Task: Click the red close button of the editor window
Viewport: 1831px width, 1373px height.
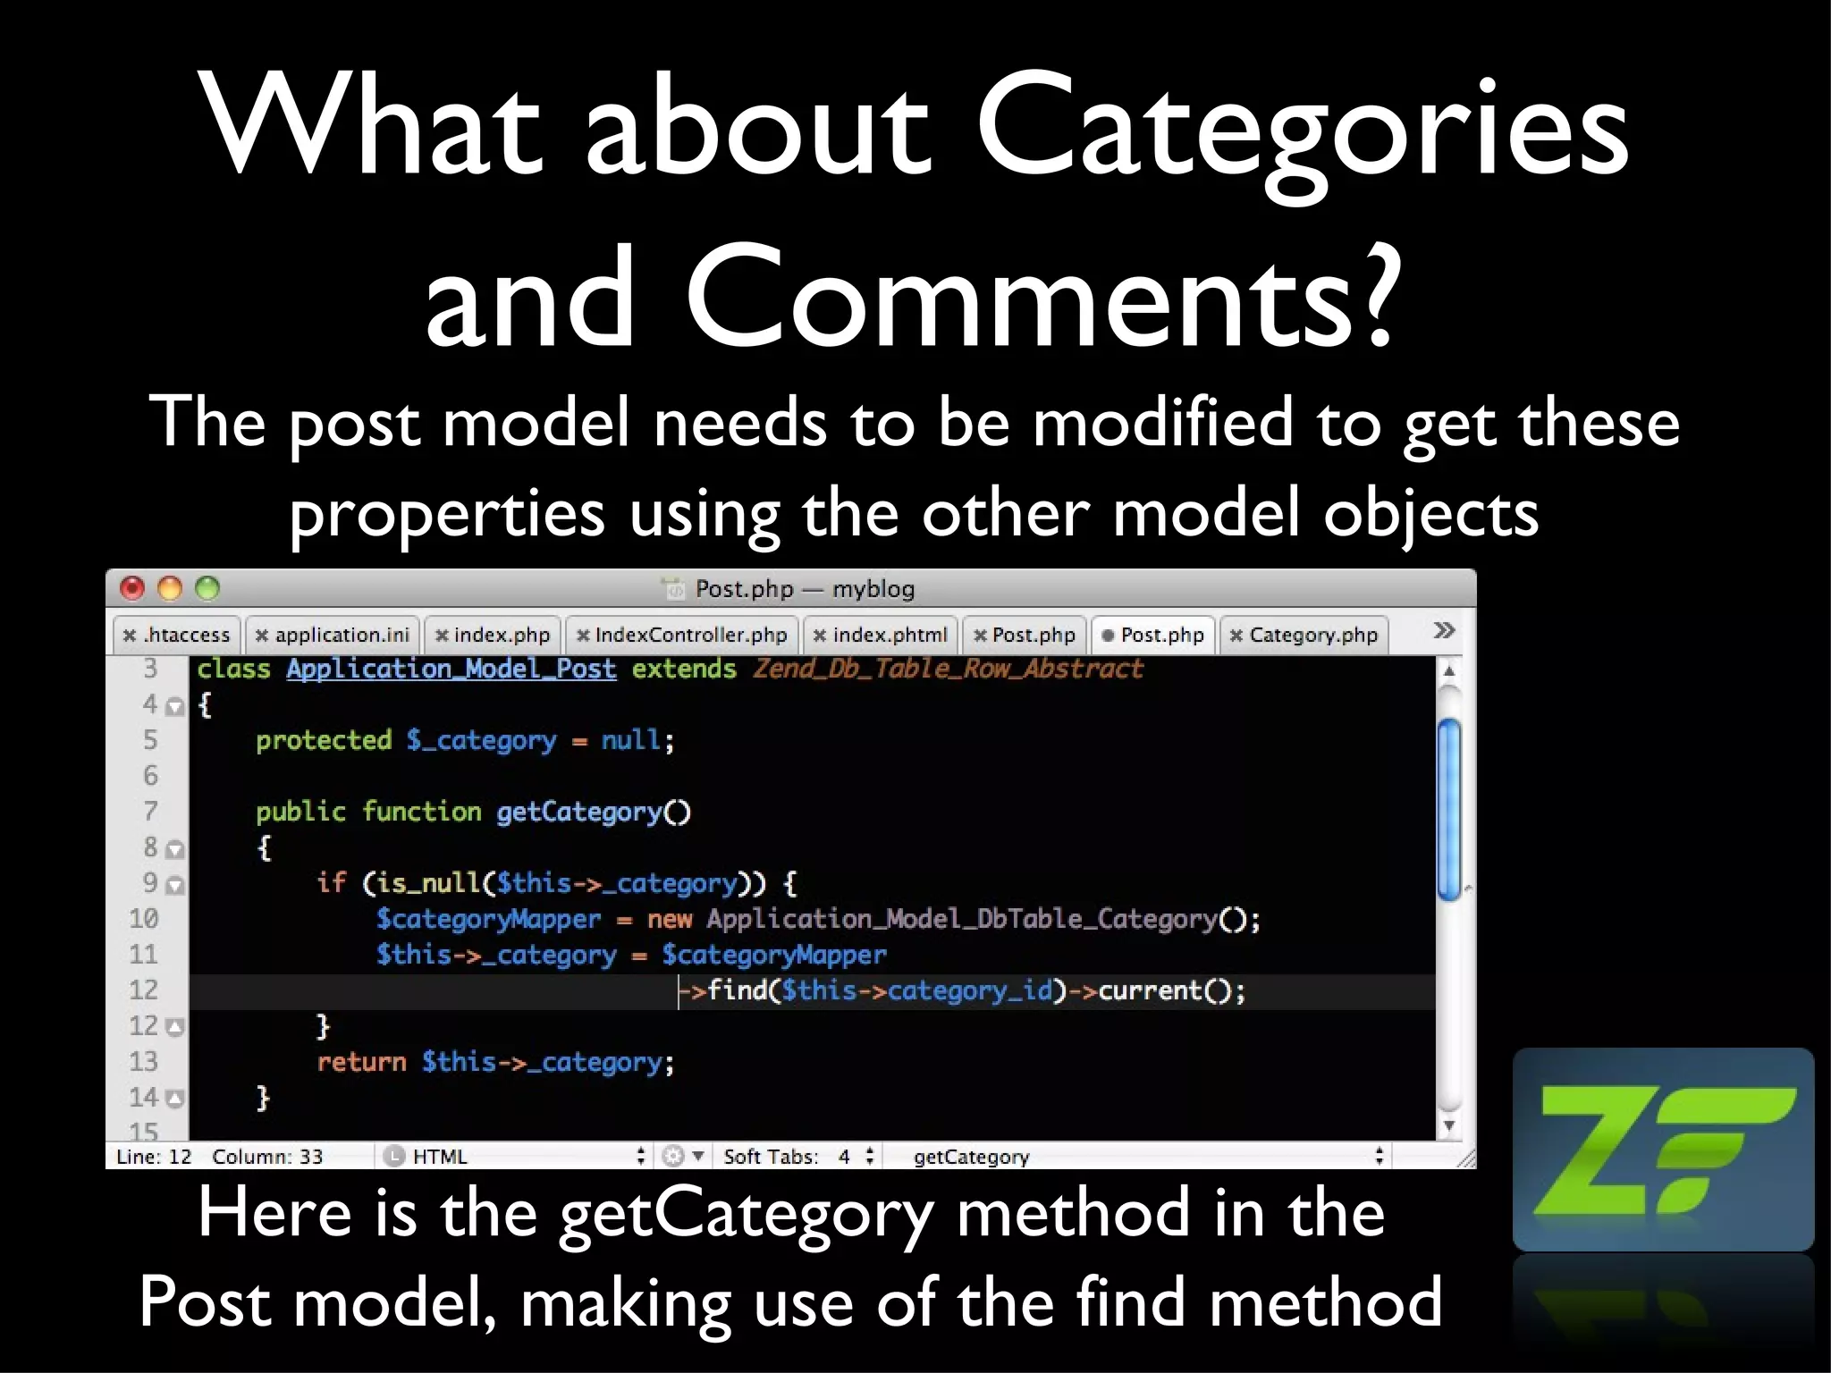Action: tap(132, 588)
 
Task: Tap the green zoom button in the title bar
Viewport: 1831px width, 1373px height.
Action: tap(207, 588)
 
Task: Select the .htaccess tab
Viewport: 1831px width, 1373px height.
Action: tap(178, 635)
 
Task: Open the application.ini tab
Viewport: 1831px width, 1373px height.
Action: tap(333, 635)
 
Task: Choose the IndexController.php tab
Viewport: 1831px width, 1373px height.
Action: tap(682, 635)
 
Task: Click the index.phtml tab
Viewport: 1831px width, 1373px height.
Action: tap(881, 635)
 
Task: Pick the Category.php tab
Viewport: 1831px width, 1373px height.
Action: tap(1304, 635)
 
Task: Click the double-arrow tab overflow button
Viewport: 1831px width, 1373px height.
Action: tap(1443, 631)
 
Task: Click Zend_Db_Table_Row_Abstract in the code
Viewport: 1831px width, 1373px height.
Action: tap(948, 669)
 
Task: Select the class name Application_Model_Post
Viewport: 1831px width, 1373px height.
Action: tap(451, 669)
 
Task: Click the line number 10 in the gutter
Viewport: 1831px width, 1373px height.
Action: tap(144, 919)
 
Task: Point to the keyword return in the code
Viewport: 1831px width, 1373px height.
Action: tap(361, 1062)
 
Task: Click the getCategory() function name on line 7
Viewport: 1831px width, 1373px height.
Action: tap(593, 812)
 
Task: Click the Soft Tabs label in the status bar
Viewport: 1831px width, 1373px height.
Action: tap(771, 1157)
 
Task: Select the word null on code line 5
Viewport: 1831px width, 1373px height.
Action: tap(631, 740)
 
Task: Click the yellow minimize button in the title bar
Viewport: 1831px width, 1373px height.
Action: tap(170, 588)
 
